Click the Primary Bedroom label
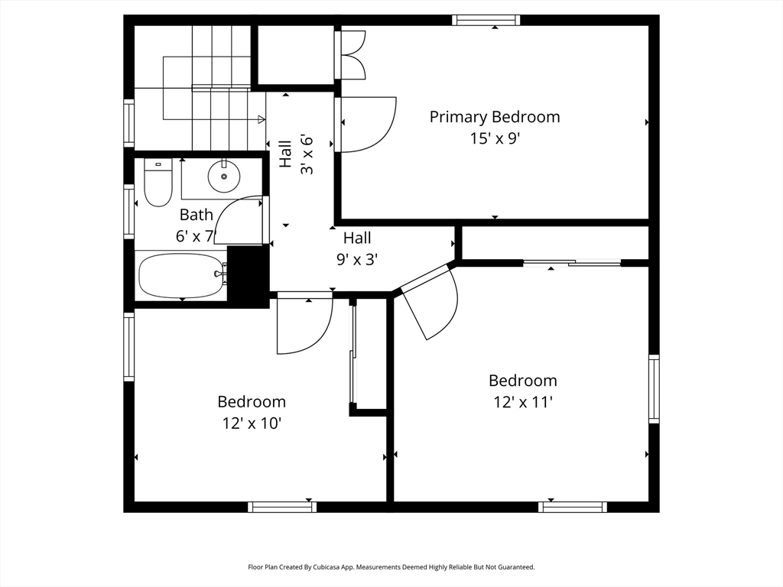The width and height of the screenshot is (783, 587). [x=495, y=117]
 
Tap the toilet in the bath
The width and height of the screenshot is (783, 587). [x=158, y=182]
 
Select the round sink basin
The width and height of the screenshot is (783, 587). [x=224, y=176]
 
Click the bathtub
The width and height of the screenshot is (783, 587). [x=181, y=276]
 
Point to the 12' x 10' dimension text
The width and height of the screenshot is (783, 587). [x=252, y=423]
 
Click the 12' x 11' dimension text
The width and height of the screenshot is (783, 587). [x=523, y=402]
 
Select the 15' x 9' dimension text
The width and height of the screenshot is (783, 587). [x=495, y=138]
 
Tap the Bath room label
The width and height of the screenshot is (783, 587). [x=197, y=215]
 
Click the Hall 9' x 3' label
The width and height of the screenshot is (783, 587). [x=357, y=248]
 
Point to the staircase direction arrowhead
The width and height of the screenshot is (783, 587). [x=262, y=119]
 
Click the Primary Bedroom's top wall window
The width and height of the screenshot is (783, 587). [x=486, y=20]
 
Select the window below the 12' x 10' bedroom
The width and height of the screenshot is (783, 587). [x=282, y=508]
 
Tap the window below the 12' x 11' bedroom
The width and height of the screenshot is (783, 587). [x=573, y=508]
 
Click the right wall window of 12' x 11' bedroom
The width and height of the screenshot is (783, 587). [x=654, y=389]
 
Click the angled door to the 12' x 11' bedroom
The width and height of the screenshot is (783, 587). [x=430, y=303]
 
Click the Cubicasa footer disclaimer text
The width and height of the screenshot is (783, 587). [x=391, y=567]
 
